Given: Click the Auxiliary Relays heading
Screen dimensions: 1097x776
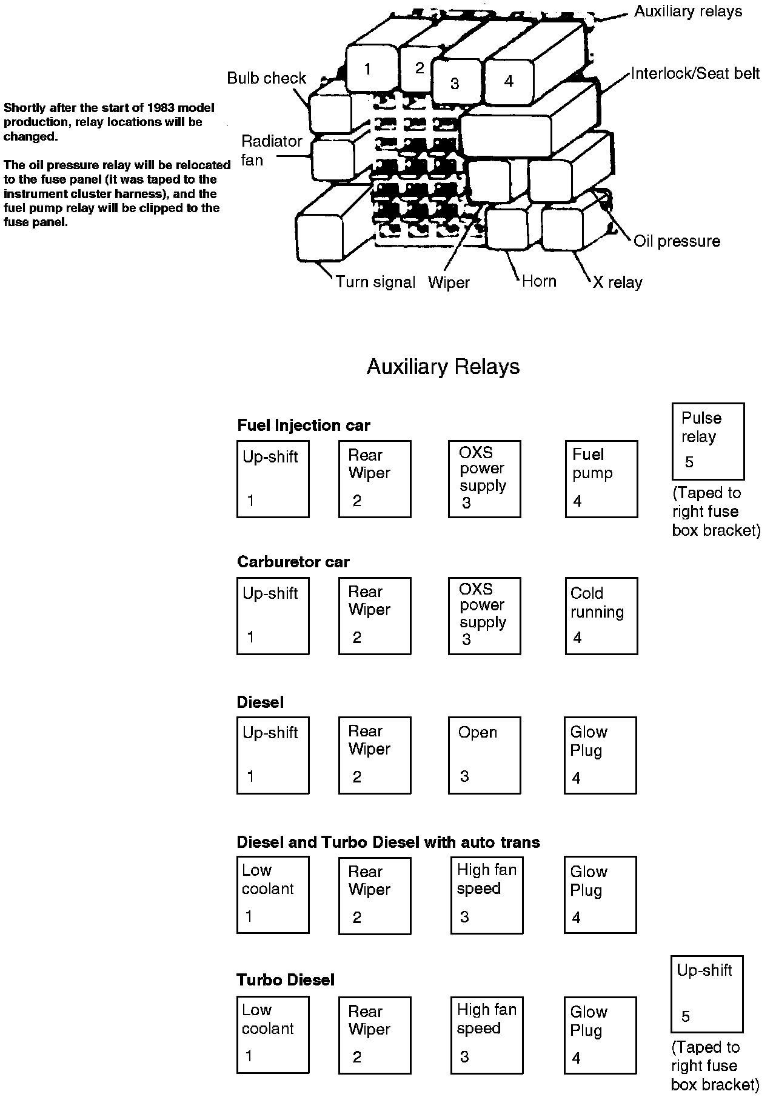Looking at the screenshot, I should (x=443, y=367).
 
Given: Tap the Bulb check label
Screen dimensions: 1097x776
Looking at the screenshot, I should (x=267, y=78).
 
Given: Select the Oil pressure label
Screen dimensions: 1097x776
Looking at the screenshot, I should (x=677, y=241).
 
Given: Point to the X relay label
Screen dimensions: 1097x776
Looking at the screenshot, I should (x=617, y=282).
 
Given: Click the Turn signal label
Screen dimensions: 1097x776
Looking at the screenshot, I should (x=375, y=282).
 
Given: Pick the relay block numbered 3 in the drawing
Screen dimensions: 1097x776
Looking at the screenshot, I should (x=455, y=83).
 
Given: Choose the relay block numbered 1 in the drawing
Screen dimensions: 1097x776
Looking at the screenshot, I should (x=367, y=68).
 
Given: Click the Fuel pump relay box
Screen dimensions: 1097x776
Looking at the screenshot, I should (x=601, y=479).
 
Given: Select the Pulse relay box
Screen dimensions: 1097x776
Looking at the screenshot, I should (x=707, y=441).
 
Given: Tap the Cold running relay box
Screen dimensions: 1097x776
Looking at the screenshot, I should (x=601, y=616).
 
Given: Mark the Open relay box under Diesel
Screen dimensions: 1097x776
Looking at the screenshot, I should (x=484, y=755).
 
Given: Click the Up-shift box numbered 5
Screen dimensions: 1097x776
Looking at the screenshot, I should (x=706, y=994).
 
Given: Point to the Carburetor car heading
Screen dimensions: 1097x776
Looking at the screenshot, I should (x=293, y=562).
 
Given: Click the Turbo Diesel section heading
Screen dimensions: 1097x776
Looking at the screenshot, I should (x=286, y=980).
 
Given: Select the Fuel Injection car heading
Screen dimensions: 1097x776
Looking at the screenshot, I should (x=303, y=425).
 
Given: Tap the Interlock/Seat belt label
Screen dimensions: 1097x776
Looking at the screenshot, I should (x=695, y=73).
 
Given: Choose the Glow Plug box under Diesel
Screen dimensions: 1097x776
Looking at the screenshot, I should (x=600, y=755).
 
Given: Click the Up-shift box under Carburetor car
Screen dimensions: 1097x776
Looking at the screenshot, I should (x=273, y=616).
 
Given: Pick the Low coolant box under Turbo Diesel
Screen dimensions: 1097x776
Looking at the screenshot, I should (x=273, y=1035).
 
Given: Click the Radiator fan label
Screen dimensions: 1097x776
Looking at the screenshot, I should (x=271, y=150).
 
